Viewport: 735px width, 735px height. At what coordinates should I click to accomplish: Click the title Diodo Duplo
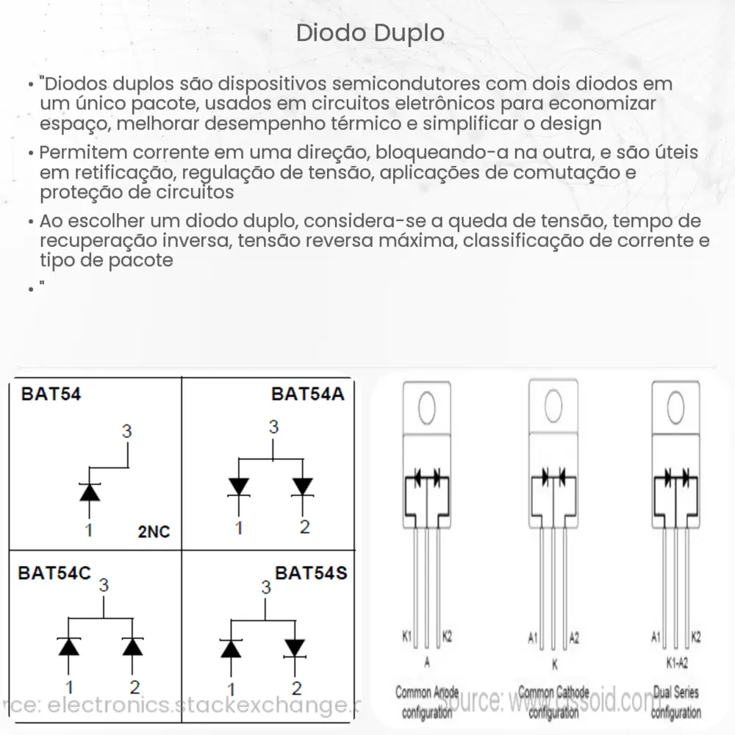[370, 33]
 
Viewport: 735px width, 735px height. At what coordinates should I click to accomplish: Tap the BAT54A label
[307, 394]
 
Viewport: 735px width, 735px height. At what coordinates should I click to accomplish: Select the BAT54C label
[55, 573]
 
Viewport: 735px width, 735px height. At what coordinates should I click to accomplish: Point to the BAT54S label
[310, 572]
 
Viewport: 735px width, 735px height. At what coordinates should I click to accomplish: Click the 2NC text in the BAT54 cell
[153, 531]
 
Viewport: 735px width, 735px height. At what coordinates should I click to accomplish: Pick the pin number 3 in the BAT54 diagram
[127, 431]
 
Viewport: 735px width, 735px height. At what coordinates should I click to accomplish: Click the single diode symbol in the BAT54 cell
[89, 491]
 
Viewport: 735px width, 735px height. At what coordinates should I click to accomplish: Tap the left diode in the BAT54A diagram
[238, 487]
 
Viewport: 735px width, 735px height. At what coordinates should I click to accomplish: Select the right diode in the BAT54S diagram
[295, 648]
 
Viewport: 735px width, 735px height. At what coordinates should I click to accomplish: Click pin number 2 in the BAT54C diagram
[135, 688]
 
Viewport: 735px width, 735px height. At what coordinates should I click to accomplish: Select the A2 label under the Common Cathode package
[574, 637]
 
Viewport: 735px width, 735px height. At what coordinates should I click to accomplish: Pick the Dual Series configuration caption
[675, 702]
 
